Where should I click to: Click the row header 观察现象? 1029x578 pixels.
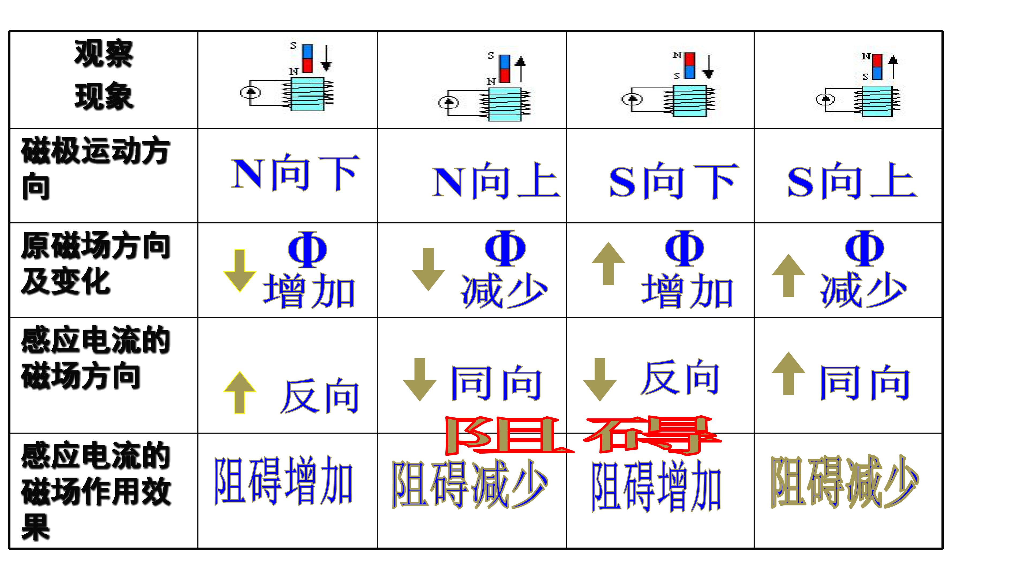[x=104, y=75]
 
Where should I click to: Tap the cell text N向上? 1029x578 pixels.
[x=496, y=180]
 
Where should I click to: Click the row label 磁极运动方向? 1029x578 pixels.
[x=96, y=168]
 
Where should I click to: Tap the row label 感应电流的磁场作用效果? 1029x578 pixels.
[x=96, y=491]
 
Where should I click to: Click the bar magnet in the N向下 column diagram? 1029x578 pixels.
[x=307, y=59]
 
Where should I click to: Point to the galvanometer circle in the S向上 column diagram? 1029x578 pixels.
[x=825, y=99]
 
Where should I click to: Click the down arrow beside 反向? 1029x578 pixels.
[x=600, y=380]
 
